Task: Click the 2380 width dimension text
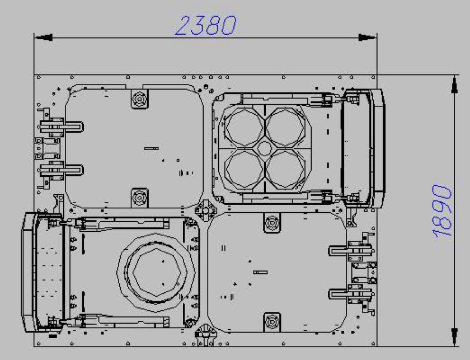pyautogui.click(x=206, y=25)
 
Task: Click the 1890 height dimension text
pyautogui.click(x=442, y=211)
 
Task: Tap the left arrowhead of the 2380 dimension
pyautogui.click(x=44, y=38)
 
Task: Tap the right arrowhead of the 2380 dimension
pyautogui.click(x=367, y=38)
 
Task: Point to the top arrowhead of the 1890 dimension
pyautogui.click(x=454, y=85)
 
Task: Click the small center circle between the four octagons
pyautogui.click(x=265, y=148)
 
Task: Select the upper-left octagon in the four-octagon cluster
pyautogui.click(x=245, y=127)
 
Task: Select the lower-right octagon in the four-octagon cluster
pyautogui.click(x=285, y=169)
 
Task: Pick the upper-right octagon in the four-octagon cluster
pyautogui.click(x=285, y=127)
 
